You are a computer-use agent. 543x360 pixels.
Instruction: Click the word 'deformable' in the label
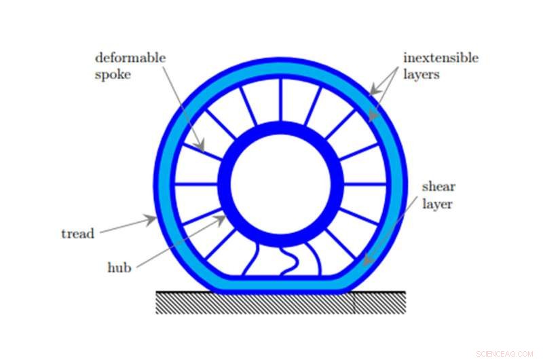click(130, 58)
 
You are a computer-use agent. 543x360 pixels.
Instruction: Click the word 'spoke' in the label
click(113, 74)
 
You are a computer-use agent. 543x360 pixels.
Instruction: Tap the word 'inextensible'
click(441, 58)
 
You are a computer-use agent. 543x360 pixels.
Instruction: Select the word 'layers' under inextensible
click(422, 74)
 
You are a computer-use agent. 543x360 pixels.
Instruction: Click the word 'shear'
click(438, 187)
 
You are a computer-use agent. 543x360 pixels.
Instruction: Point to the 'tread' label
click(77, 234)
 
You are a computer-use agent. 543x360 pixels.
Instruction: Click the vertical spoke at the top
click(280, 99)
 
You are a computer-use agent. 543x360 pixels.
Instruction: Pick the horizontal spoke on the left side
click(197, 184)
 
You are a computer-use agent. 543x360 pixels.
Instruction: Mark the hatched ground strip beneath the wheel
click(280, 302)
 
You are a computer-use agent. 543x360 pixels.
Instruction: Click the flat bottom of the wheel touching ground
click(280, 285)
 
